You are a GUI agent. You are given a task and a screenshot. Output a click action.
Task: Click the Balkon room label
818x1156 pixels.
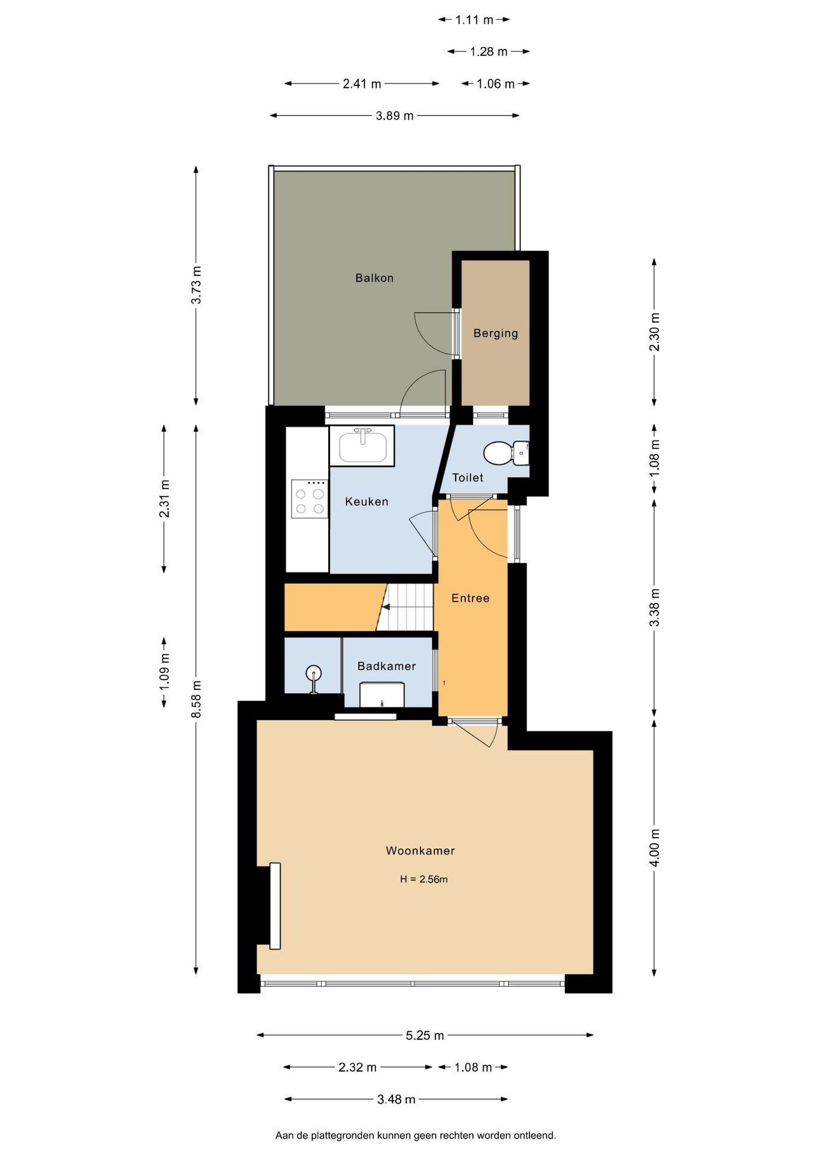point(374,278)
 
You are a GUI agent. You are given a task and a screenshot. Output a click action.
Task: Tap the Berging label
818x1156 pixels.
point(495,333)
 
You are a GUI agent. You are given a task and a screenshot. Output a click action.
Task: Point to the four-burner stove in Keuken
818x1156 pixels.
point(310,499)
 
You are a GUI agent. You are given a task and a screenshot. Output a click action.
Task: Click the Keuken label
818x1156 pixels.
point(366,502)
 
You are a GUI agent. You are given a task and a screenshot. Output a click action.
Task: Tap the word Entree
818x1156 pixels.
point(470,598)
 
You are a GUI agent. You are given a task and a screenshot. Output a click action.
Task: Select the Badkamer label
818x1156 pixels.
point(386,666)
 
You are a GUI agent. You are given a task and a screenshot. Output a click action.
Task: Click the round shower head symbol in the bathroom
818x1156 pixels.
point(313,673)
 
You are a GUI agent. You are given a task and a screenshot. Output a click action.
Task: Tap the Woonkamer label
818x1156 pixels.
point(420,851)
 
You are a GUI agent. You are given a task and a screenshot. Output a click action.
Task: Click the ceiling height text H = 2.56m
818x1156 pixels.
point(423,879)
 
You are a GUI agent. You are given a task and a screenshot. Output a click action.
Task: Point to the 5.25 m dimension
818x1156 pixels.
point(424,1035)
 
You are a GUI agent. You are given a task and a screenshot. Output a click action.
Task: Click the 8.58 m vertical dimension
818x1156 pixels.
point(196,698)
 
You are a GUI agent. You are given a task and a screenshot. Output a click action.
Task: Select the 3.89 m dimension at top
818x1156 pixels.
point(395,116)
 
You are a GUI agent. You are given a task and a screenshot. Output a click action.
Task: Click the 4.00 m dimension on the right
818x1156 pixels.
point(654,847)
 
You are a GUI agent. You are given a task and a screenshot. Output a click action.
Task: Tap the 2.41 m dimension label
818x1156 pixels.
point(361,84)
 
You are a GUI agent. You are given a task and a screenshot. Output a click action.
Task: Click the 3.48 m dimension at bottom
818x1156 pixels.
point(396,1099)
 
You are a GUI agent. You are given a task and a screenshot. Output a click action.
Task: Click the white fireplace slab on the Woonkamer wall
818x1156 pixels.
point(275,906)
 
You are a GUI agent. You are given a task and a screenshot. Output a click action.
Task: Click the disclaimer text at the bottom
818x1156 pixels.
point(415,1135)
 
